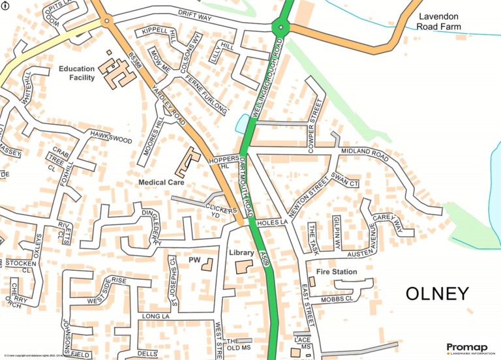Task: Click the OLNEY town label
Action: click(436, 293)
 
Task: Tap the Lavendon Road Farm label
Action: click(440, 22)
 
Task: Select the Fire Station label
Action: click(336, 271)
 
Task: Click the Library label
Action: click(241, 252)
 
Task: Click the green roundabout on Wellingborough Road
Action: click(281, 27)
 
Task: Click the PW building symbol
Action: click(207, 265)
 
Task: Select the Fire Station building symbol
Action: click(311, 281)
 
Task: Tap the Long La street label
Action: click(155, 316)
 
